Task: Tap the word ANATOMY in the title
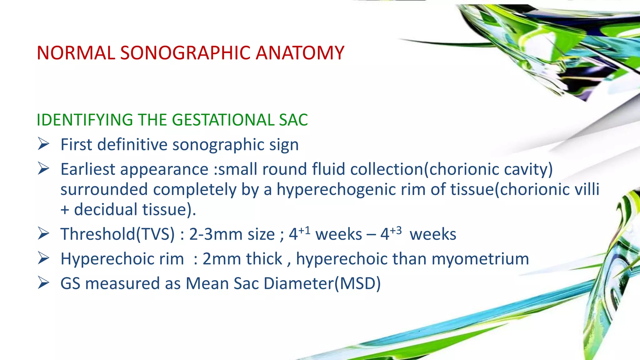click(x=300, y=53)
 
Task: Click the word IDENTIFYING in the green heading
click(x=85, y=120)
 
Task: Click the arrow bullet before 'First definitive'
click(x=43, y=144)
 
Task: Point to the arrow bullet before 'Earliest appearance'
click(x=43, y=169)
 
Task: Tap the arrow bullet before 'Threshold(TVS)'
click(x=43, y=234)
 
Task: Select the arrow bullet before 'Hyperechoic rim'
click(x=43, y=258)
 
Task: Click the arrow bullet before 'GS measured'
click(x=43, y=283)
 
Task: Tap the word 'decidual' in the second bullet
click(x=106, y=210)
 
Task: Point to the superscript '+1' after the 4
click(x=304, y=231)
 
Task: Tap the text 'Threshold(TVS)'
click(x=117, y=234)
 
